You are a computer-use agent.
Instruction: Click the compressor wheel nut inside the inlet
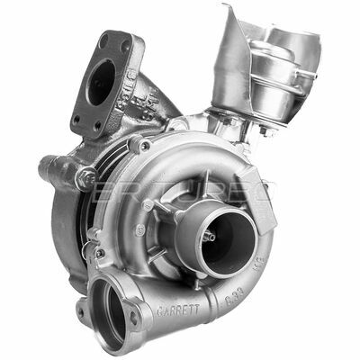point(208,236)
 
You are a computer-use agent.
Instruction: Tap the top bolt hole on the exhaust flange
point(114,41)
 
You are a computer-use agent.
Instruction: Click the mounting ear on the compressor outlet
point(135,318)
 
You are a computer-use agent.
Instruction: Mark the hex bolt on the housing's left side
point(85,177)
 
